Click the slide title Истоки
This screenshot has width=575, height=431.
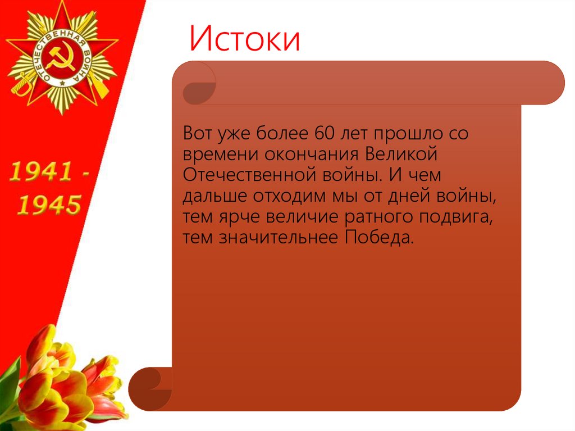click(245, 40)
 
